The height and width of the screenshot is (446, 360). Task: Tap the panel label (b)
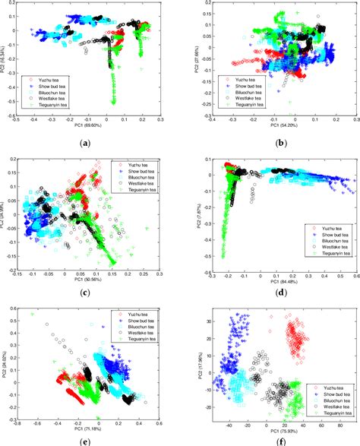click(267, 141)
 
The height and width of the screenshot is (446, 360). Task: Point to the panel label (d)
click(267, 293)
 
